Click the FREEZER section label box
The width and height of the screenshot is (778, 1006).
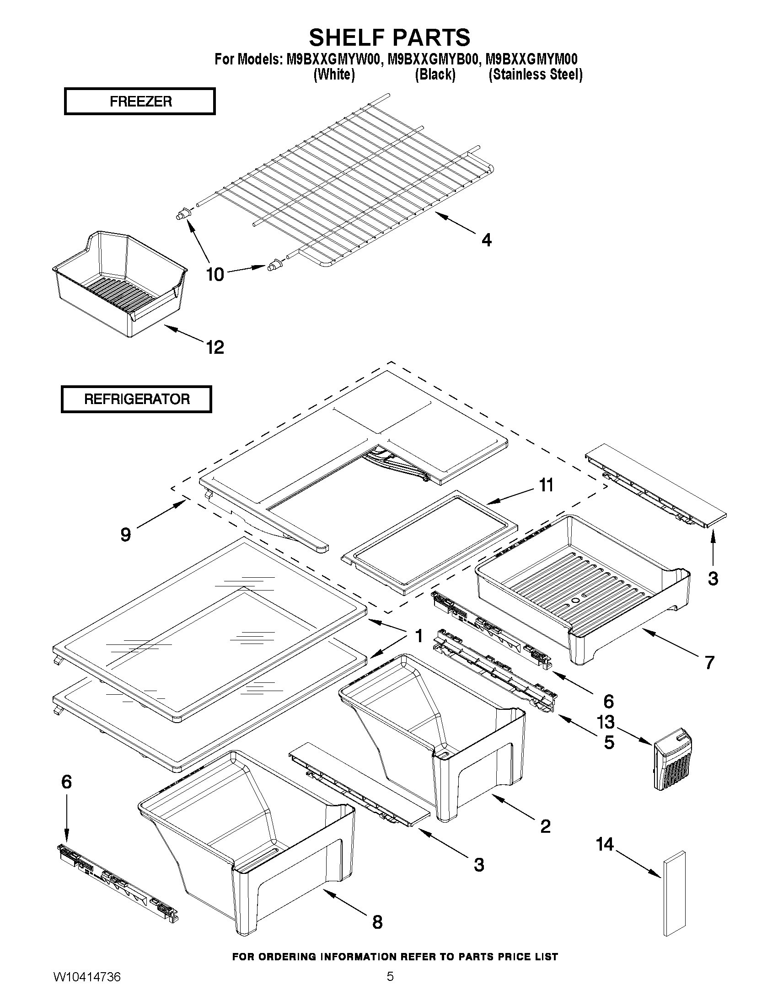pyautogui.click(x=140, y=101)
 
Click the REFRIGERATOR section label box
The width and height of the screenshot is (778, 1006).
pyautogui.click(x=136, y=399)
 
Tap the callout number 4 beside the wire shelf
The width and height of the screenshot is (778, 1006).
pyautogui.click(x=487, y=240)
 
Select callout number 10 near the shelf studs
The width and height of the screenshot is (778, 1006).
pyautogui.click(x=215, y=275)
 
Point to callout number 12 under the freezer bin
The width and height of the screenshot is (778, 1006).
pyautogui.click(x=215, y=347)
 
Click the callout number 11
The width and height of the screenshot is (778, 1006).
pyautogui.click(x=546, y=485)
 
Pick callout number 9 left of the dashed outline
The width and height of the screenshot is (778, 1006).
pyautogui.click(x=126, y=535)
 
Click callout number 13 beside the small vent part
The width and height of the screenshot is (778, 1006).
pyautogui.click(x=606, y=722)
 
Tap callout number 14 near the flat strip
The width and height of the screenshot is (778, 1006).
pyautogui.click(x=605, y=844)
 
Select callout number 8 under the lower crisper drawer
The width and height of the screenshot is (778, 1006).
pyautogui.click(x=377, y=922)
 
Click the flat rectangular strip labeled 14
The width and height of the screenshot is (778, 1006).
pyautogui.click(x=674, y=894)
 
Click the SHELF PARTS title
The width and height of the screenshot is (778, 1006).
pyautogui.click(x=390, y=37)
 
